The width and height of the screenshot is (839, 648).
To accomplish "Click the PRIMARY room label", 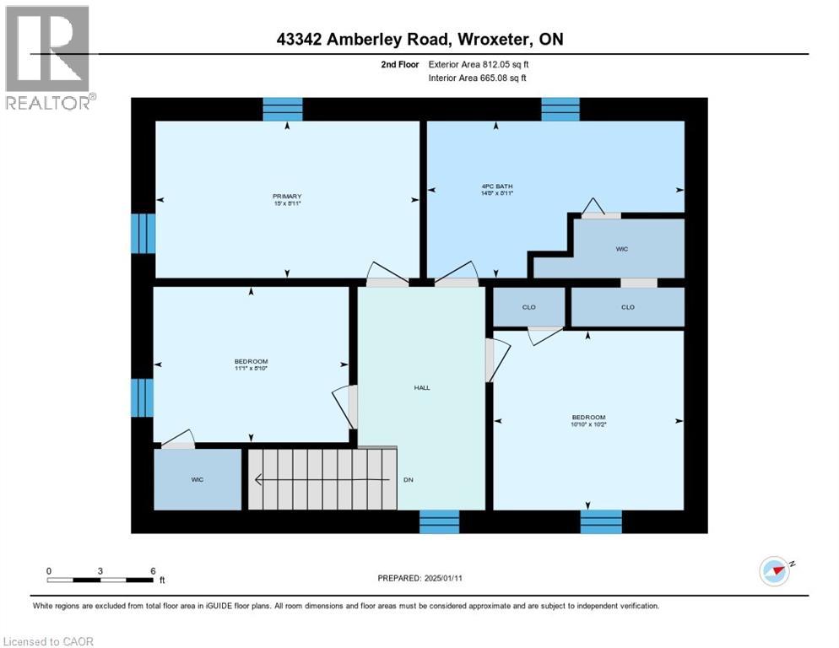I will [287, 197].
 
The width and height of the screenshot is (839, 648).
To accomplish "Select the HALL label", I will [422, 388].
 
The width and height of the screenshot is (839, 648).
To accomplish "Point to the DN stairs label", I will [408, 480].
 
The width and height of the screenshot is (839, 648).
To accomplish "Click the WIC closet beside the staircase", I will [197, 479].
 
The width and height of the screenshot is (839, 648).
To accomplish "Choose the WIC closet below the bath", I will [622, 249].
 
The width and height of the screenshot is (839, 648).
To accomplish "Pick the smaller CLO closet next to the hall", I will [529, 307].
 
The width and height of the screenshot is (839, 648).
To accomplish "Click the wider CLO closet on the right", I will [627, 307].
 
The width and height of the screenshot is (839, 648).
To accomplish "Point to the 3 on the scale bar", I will [100, 571].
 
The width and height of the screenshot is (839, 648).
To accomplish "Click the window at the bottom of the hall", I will [440, 521].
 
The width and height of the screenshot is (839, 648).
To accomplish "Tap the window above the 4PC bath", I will [560, 109].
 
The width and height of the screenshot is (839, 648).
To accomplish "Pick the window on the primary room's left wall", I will [143, 233].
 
